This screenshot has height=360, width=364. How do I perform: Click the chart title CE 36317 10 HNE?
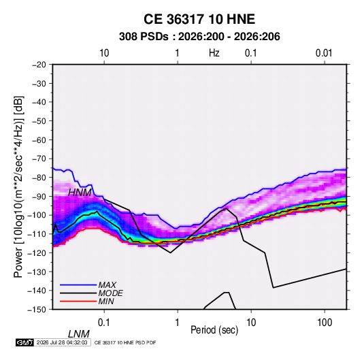pyautogui.click(x=199, y=19)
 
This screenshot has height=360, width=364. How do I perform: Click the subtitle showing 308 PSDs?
pyautogui.click(x=199, y=37)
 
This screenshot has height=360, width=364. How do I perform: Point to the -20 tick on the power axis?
pyautogui.click(x=39, y=65)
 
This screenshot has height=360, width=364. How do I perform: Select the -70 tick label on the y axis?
pyautogui.click(x=39, y=159)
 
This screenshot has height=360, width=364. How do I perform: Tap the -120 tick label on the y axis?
pyautogui.click(x=37, y=252)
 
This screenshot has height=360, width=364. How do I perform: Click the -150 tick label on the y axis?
pyautogui.click(x=37, y=310)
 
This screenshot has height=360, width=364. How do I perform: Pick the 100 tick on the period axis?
pyautogui.click(x=325, y=323)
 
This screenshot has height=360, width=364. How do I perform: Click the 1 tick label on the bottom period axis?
pyautogui.click(x=177, y=323)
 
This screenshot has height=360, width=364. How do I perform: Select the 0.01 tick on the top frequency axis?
pyautogui.click(x=324, y=53)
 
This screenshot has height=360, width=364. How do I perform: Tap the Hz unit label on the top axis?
pyautogui.click(x=214, y=53)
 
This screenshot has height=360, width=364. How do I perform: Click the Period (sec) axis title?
pyautogui.click(x=214, y=330)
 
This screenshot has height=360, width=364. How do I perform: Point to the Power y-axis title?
pyautogui.click(x=18, y=186)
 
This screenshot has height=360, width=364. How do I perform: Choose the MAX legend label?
pyautogui.click(x=107, y=284)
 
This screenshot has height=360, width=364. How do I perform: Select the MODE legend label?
pyautogui.click(x=110, y=293)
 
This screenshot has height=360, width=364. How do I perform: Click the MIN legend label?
pyautogui.click(x=106, y=301)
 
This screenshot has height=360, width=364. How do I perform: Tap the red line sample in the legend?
pyautogui.click(x=78, y=301)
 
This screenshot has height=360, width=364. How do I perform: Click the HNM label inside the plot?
pyautogui.click(x=80, y=193)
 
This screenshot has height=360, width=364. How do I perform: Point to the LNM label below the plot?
pyautogui.click(x=79, y=334)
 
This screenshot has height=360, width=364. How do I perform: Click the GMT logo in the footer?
pyautogui.click(x=24, y=342)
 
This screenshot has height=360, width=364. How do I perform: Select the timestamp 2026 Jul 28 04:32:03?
pyautogui.click(x=62, y=342)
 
